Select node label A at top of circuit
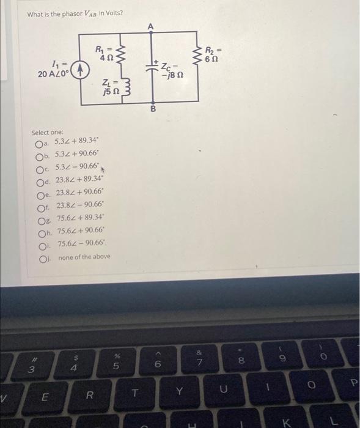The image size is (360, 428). (x=151, y=25)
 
